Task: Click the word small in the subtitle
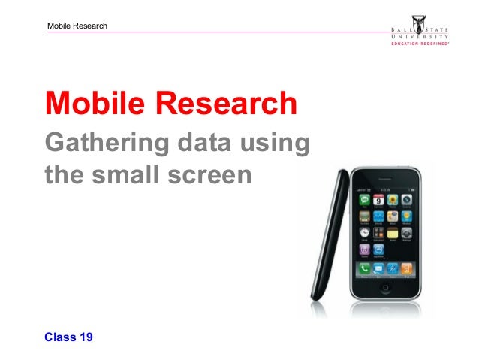(x=143, y=174)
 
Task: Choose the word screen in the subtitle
(x=220, y=176)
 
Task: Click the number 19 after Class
(x=86, y=337)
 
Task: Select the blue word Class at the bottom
(x=60, y=337)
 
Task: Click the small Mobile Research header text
(x=77, y=26)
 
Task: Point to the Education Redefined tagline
(x=419, y=44)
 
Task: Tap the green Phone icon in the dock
(x=366, y=268)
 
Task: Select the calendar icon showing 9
(x=379, y=201)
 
